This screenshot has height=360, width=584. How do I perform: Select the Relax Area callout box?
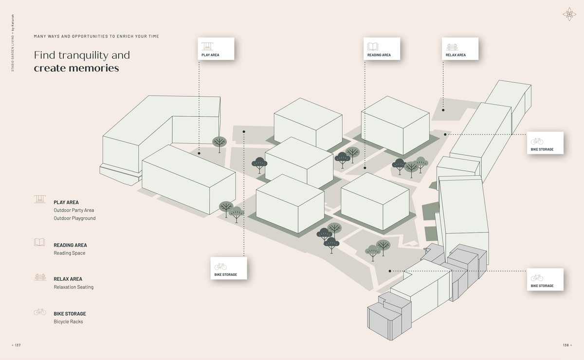coord(460,49)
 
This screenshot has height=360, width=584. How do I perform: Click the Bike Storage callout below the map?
coord(229,268)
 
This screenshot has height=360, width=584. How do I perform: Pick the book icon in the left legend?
coord(39,242)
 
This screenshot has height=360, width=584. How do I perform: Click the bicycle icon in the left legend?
coord(39,311)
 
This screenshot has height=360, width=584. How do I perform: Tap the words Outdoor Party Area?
coord(73,210)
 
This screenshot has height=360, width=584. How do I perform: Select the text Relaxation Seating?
coord(73,287)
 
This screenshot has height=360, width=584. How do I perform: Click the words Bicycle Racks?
coord(68,322)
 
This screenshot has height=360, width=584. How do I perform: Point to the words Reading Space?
coord(69,253)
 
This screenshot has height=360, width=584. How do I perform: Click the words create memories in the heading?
coord(76,68)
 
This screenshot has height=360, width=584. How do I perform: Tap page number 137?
coord(18,345)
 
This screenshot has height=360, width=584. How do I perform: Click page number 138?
coord(566,345)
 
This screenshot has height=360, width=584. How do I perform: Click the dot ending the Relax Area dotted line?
coord(443,110)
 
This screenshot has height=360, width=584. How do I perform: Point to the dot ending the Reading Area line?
coord(365,168)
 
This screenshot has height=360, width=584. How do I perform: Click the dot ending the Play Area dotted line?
coord(199,153)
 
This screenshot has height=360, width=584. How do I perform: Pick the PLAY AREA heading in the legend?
coord(66,202)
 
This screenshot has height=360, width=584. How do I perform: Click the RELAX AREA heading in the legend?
coord(68,279)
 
